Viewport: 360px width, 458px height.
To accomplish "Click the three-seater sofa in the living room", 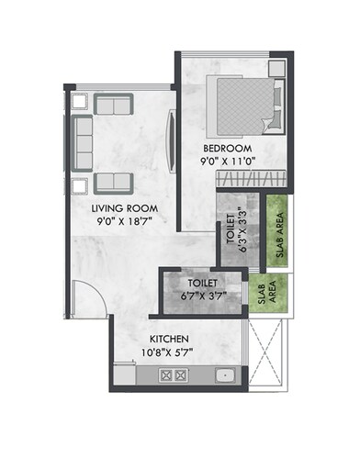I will coord(83,142).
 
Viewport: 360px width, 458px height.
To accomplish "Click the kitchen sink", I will coord(223,375).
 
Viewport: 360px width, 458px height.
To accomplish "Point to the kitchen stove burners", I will coord(173,375).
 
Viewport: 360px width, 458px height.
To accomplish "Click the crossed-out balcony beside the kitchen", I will coord(268,355).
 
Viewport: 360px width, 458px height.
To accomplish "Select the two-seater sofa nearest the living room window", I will coord(114,105).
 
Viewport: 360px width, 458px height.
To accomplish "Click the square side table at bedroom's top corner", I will coord(276,69).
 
